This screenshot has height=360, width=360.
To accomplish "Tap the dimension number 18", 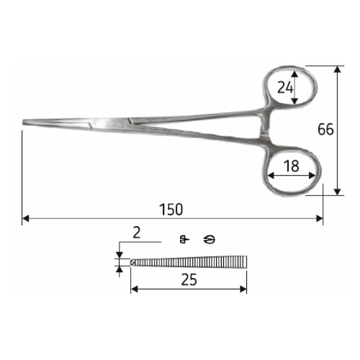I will click(x=292, y=166).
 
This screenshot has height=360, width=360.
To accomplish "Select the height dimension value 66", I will click(x=326, y=130).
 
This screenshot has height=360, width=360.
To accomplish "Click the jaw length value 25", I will click(x=189, y=280).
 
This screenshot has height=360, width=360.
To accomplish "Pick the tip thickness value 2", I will click(x=137, y=233).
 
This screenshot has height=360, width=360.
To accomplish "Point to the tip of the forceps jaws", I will click(x=24, y=122).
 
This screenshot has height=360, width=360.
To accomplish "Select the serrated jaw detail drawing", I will click(x=189, y=262).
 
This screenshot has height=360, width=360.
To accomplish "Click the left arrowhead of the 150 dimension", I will click(x=25, y=219).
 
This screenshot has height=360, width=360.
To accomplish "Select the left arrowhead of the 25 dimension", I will click(x=134, y=288).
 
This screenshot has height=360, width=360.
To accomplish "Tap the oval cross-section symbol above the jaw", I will click(x=209, y=239).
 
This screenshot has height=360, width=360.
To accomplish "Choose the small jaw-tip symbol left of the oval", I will click(x=184, y=239).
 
